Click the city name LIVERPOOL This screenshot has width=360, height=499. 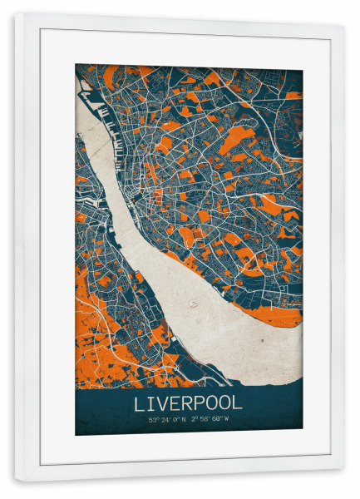click(188, 403)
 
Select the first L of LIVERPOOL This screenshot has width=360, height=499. click(139, 403)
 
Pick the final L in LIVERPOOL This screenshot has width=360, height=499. click(238, 403)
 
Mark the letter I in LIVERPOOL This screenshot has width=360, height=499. click(150, 403)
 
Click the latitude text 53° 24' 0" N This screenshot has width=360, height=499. click(166, 419)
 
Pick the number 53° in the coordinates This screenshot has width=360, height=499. click(152, 419)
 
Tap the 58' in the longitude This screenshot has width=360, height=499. click(208, 419)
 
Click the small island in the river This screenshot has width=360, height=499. click(194, 304)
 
